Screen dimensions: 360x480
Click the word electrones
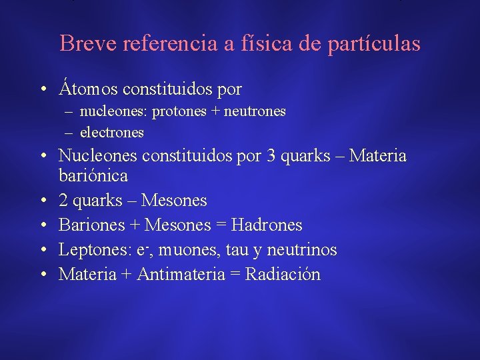pos(111,132)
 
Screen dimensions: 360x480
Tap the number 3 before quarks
pos(271,156)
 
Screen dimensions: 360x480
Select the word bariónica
pos(93,177)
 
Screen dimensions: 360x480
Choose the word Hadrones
pos(269,225)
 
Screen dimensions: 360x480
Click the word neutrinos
pos(307,250)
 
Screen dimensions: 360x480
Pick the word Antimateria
pos(181,274)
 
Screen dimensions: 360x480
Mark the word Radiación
pos(283,274)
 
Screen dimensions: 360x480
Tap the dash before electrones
pos(70,132)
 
